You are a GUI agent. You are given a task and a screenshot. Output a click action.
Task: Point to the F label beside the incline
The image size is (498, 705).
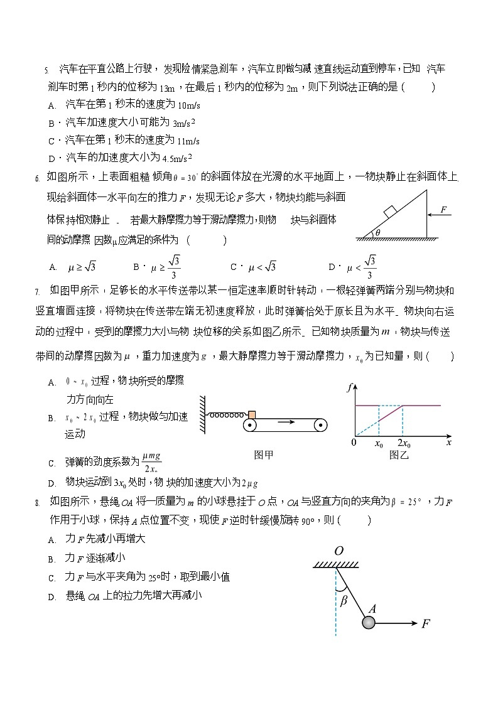tap(443, 210)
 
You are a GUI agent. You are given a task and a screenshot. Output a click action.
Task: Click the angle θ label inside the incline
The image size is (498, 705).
tap(377, 233)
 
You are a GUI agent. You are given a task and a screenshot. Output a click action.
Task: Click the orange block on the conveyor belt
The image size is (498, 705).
tap(252, 414)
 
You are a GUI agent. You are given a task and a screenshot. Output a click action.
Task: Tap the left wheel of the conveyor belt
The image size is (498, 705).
tap(251, 426)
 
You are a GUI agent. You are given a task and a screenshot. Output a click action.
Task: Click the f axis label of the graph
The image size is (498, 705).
tap(349, 388)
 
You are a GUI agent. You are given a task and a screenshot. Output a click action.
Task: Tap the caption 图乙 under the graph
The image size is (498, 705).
tap(399, 455)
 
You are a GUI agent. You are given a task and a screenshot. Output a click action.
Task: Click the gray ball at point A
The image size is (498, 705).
tap(369, 622)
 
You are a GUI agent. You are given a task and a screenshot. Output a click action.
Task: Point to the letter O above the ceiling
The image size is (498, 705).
tap(338, 551)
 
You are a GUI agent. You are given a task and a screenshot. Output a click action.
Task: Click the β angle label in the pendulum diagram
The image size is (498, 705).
tap(344, 600)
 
